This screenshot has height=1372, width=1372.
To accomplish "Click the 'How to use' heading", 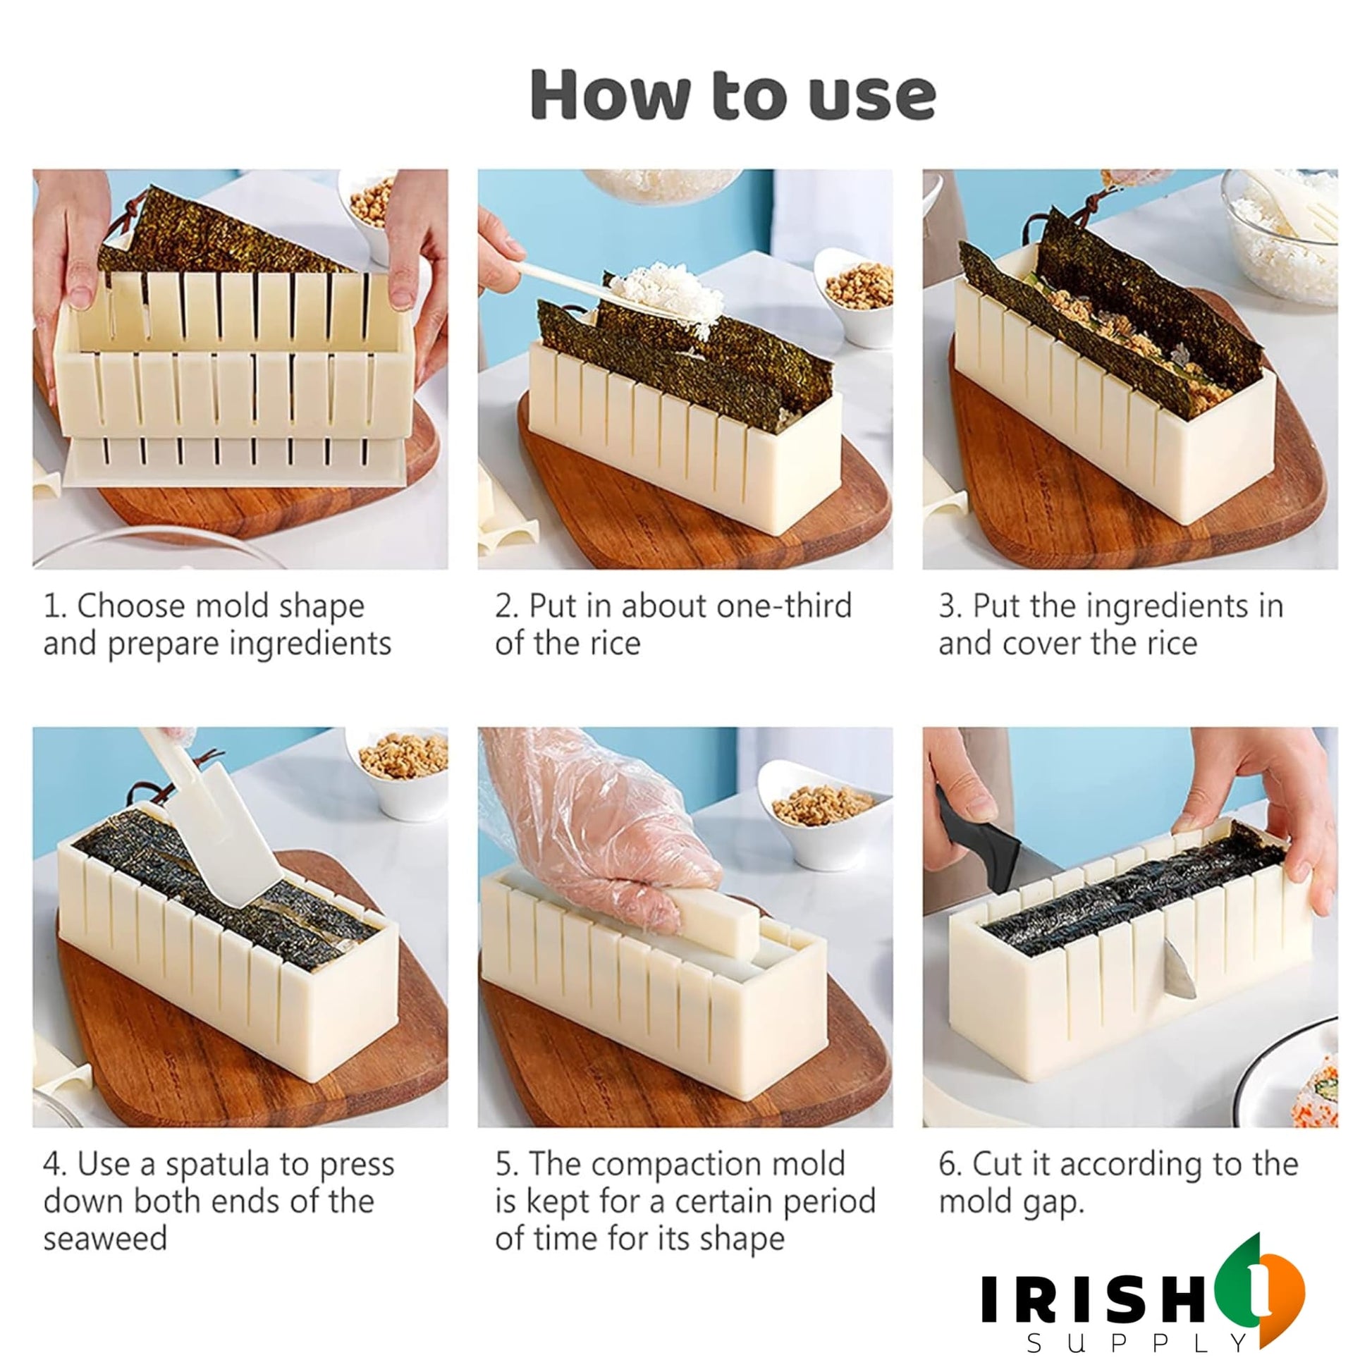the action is pyautogui.click(x=733, y=94).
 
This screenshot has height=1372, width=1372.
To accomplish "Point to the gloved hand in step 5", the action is pyautogui.click(x=596, y=823).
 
